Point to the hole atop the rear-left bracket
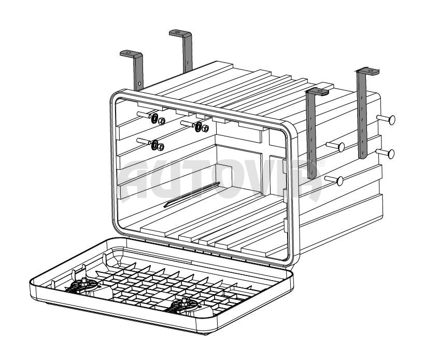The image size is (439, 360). pyautogui.click(x=177, y=32)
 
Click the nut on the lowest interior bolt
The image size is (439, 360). pyautogui.click(x=161, y=147)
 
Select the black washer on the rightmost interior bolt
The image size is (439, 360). pyautogui.click(x=199, y=127)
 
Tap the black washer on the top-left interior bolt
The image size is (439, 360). pyautogui.click(x=154, y=119)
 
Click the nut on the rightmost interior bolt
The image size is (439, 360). pyautogui.click(x=205, y=128)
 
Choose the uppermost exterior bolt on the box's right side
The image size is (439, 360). pyautogui.click(x=386, y=119)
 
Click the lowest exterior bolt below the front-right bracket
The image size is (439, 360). pyautogui.click(x=334, y=180)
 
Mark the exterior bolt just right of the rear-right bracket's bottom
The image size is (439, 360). pyautogui.click(x=385, y=153)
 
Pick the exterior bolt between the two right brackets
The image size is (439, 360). pyautogui.click(x=335, y=146)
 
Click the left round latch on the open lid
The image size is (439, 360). pyautogui.click(x=84, y=285)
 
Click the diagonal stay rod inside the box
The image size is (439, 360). pyautogui.click(x=192, y=195)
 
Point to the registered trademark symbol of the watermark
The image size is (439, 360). pyautogui.click(x=321, y=163)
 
